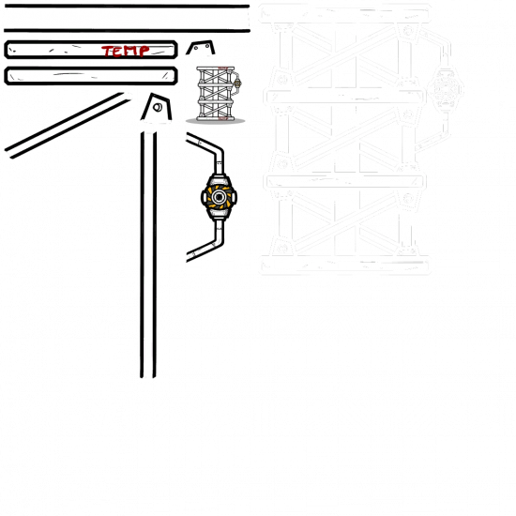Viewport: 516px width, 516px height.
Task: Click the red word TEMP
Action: (125, 51)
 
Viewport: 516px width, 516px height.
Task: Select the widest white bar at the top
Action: (127, 18)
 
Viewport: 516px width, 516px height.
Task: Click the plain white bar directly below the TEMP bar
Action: (91, 75)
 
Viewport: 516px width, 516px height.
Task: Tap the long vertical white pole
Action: (148, 253)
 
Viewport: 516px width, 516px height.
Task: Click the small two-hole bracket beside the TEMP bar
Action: (199, 50)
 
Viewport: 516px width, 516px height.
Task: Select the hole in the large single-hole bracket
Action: (159, 114)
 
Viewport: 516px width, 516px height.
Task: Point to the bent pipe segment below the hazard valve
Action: (208, 241)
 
